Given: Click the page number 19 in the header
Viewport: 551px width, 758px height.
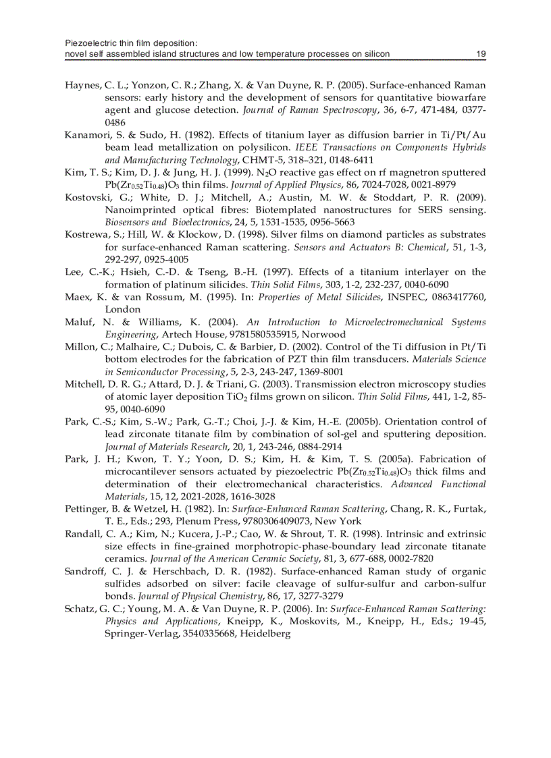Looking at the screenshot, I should (x=481, y=53).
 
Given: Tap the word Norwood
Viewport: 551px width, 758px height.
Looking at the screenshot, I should (x=322, y=334).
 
